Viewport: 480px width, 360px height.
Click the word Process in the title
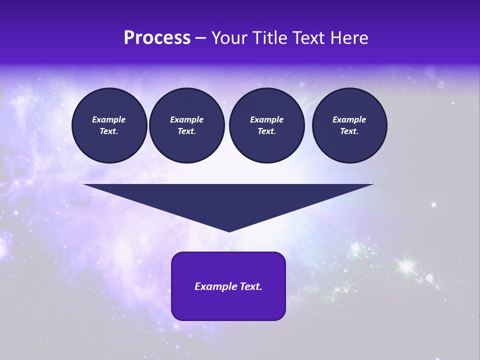click(x=157, y=38)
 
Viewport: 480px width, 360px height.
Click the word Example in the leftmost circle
click(x=109, y=119)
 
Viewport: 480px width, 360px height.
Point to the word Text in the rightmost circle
click(x=348, y=131)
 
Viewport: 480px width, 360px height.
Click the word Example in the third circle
click(x=266, y=119)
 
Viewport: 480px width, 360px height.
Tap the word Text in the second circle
click(x=186, y=131)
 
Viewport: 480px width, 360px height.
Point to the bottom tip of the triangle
click(x=229, y=231)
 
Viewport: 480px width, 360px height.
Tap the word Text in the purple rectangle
click(x=250, y=286)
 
